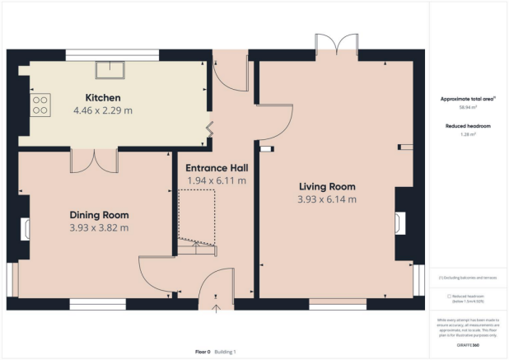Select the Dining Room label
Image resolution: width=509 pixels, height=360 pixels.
click(99, 213)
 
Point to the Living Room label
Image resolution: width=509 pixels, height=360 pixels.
click(327, 185)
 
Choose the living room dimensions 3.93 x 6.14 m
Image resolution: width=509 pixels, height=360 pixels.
click(327, 199)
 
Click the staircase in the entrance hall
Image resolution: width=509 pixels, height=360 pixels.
click(198, 219)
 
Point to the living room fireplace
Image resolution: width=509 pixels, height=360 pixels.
click(400, 223)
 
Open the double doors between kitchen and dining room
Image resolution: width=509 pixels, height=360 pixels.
click(95, 160)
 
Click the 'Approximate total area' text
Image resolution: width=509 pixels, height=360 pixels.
click(466, 98)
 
